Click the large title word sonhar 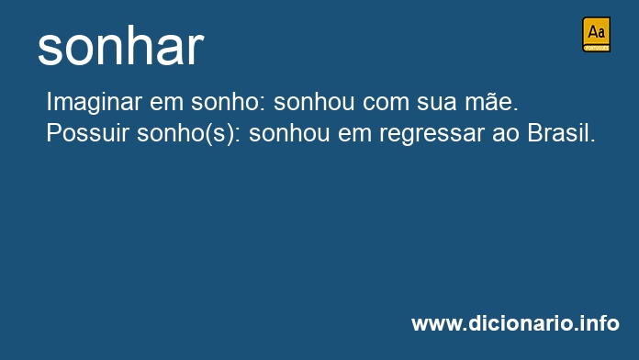[120, 47]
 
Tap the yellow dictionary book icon [596, 34]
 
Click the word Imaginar [95, 102]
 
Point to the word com [386, 103]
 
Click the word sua [436, 103]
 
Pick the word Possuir [87, 133]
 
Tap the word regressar [432, 135]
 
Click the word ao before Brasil [505, 135]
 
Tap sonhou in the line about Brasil [289, 133]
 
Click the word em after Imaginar [167, 103]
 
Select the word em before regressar [354, 135]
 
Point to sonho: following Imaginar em [229, 102]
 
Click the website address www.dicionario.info [516, 323]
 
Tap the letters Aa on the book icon [596, 32]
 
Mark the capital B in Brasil [534, 133]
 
